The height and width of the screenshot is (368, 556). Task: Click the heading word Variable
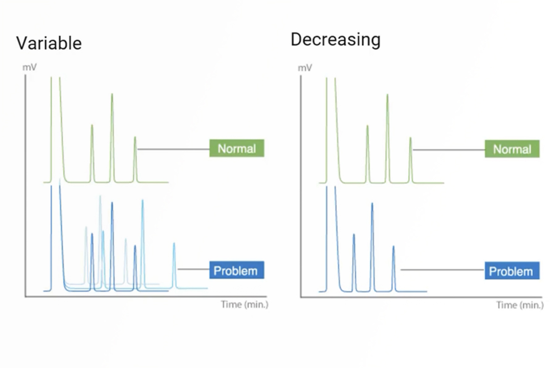[x=49, y=43]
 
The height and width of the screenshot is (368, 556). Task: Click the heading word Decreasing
[x=335, y=40]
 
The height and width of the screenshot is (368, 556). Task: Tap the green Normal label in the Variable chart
[x=237, y=149]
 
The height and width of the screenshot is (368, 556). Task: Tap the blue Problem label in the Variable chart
[x=236, y=270]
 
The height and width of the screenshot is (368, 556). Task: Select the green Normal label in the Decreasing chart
[x=512, y=149]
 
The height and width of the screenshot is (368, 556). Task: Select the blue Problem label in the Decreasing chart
[x=512, y=271]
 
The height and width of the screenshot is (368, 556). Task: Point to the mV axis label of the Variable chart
[x=30, y=67]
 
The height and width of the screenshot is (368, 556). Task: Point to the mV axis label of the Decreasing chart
[x=305, y=68]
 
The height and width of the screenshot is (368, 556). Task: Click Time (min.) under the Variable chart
[x=245, y=304]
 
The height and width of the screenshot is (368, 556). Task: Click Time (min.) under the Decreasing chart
[x=520, y=305]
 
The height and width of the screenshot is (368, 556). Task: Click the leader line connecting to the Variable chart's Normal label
[x=174, y=149]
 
